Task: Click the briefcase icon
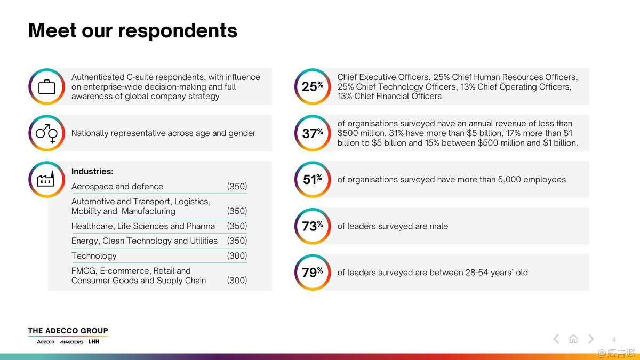(46, 86)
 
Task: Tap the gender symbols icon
(46, 133)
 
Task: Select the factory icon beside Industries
(46, 180)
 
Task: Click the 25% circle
(313, 86)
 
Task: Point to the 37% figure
(313, 133)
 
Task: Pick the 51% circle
(313, 180)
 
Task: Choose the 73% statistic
(313, 226)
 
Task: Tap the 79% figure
(313, 273)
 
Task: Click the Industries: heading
(92, 172)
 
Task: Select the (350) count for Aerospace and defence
(237, 187)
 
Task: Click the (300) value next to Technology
(237, 256)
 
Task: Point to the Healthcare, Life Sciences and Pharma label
(143, 226)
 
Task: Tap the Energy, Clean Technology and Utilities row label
(145, 241)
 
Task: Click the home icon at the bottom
(573, 339)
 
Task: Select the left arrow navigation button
(556, 339)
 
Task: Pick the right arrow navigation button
(591, 339)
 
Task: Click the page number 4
(614, 339)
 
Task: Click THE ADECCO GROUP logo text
(68, 331)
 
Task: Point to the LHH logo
(94, 342)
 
